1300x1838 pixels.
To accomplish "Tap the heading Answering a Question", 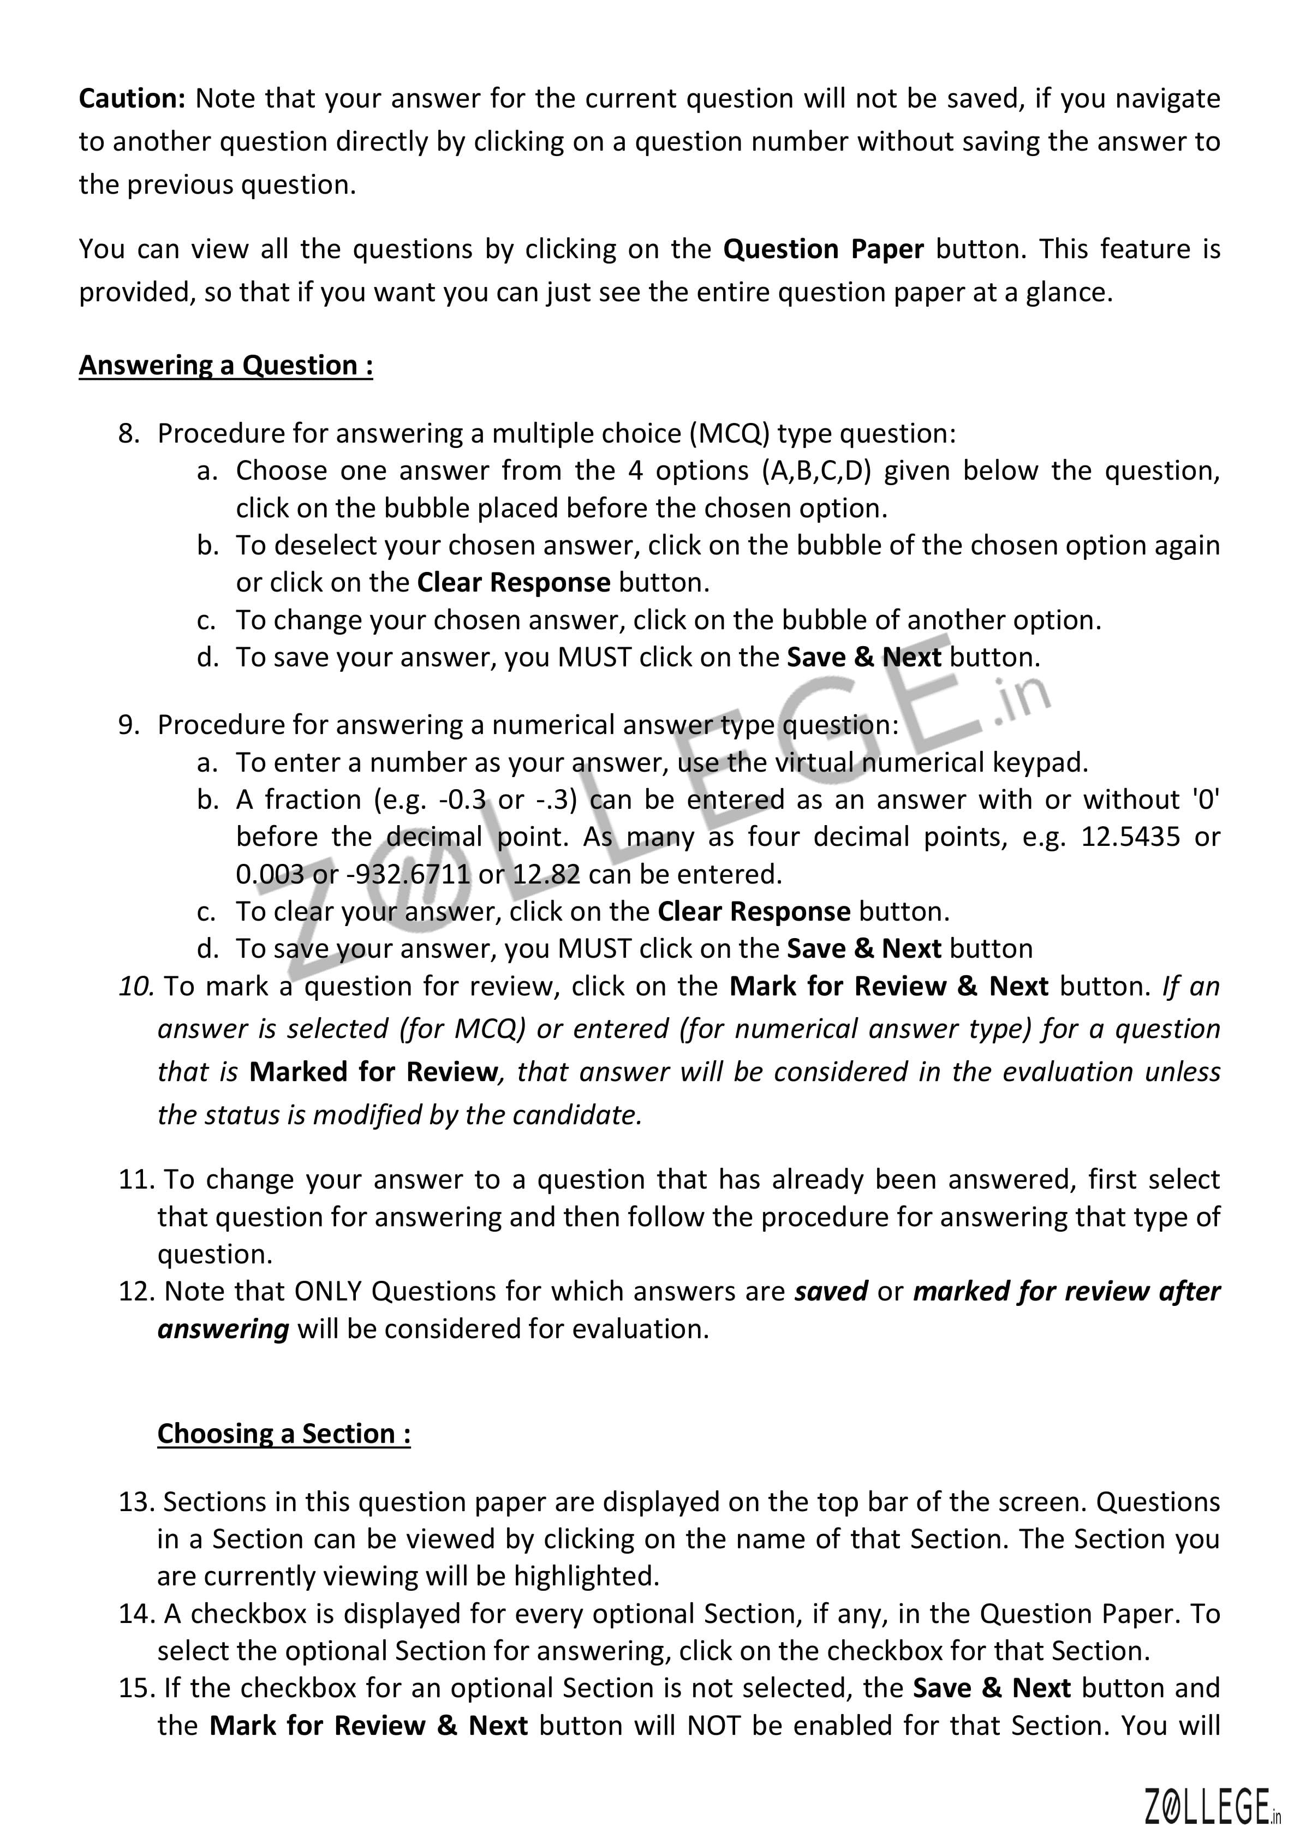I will tap(226, 366).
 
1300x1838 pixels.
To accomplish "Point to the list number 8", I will tap(128, 434).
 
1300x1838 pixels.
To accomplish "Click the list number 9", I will tap(128, 725).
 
